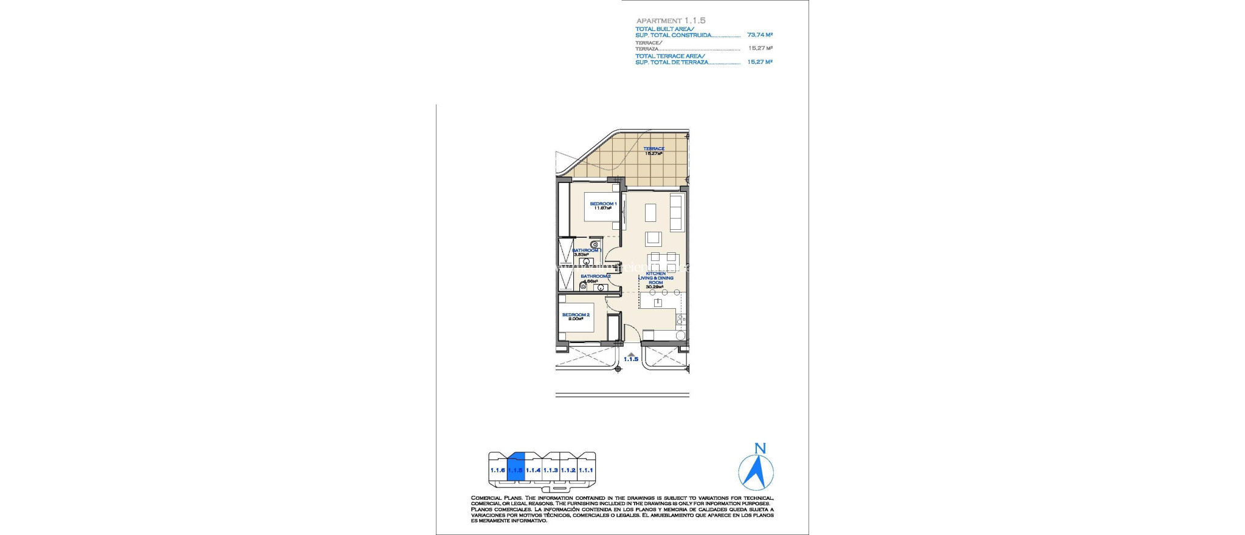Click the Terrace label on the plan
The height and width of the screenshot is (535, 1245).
tap(654, 148)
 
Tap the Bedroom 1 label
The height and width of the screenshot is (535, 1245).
tap(603, 204)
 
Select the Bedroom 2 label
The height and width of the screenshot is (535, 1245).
tap(576, 314)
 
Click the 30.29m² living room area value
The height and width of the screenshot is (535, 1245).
tap(654, 287)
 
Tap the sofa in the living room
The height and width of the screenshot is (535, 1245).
tap(676, 212)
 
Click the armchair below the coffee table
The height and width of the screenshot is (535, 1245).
tap(654, 238)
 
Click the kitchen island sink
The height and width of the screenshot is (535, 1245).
tap(657, 302)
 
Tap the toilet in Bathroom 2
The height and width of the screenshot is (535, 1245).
tap(583, 286)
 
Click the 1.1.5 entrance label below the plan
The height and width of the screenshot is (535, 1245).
tap(631, 359)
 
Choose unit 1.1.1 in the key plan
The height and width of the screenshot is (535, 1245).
tap(585, 470)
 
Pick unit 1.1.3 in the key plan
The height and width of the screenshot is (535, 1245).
tap(550, 470)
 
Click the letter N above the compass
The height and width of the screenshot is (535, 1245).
tap(760, 449)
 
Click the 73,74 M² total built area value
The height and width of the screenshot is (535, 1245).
tap(759, 35)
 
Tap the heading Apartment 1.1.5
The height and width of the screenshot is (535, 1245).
tap(671, 21)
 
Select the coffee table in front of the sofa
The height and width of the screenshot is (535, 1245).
tap(650, 212)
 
